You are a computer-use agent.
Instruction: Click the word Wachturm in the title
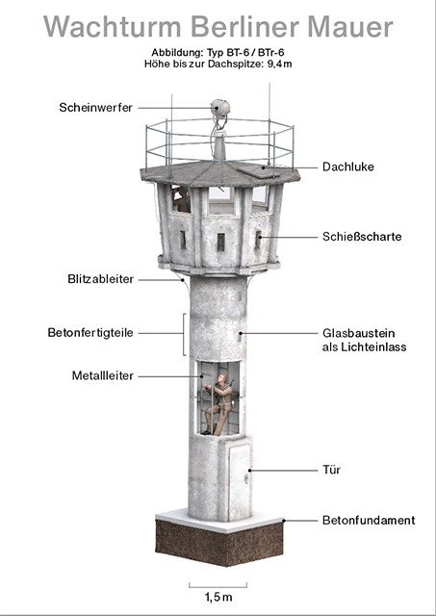[112, 27]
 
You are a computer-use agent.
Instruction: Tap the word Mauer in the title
[350, 27]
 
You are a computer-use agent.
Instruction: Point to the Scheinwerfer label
[96, 107]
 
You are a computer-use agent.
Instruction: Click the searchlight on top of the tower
[220, 108]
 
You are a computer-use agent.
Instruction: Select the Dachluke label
[348, 167]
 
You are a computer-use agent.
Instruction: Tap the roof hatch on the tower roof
[257, 171]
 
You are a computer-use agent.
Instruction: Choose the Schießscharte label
[362, 237]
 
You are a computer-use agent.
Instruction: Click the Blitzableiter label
[100, 279]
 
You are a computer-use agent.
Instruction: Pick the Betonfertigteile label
[90, 333]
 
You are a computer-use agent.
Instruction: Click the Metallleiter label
[103, 375]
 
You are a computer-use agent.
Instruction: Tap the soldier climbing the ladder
[220, 404]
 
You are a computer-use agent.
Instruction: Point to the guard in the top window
[182, 199]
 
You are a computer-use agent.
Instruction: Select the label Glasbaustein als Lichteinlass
[364, 340]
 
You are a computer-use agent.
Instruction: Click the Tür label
[331, 470]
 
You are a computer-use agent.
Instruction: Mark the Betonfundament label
[369, 520]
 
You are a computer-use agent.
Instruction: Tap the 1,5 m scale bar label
[218, 597]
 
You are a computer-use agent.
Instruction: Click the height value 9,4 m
[279, 64]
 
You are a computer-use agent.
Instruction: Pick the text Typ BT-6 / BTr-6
[245, 52]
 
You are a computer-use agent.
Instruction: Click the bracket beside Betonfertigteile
[184, 334]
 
